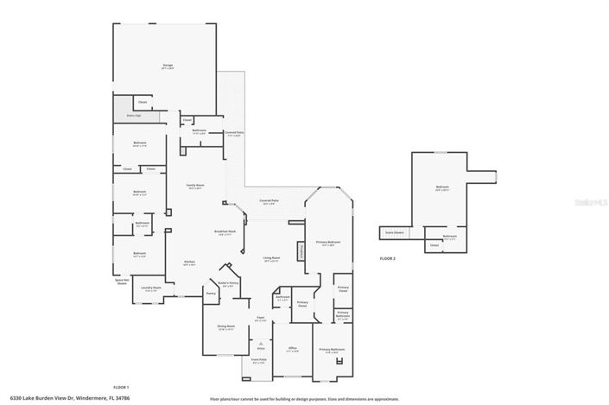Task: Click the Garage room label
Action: pos(168,66)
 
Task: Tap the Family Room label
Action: pos(195,186)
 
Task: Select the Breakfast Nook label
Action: pos(225,231)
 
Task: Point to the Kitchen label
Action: pos(189,263)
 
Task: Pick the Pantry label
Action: pos(210,294)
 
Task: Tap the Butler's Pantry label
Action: pos(228,283)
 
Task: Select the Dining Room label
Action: pos(226,326)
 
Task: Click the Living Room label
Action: pos(272,258)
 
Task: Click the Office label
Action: pos(292,349)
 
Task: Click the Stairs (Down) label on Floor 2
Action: pos(393,232)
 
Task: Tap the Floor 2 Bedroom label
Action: pos(442,188)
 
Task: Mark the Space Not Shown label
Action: pos(122,282)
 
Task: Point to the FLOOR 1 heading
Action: pos(122,387)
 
